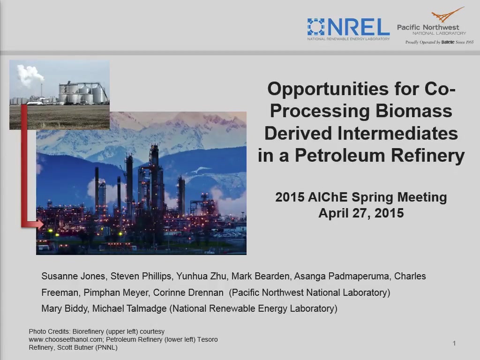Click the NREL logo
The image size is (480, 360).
tap(348, 29)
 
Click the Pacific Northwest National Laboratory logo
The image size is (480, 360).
tap(435, 26)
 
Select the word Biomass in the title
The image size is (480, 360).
tap(414, 111)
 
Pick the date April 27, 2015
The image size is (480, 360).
tap(361, 213)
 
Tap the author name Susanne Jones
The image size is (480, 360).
tap(74, 276)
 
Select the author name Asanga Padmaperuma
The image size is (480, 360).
tap(342, 276)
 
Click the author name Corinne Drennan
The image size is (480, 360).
tap(188, 292)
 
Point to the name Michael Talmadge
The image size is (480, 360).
tap(129, 308)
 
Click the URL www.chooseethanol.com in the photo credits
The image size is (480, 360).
tap(66, 339)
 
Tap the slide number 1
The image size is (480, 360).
tap(454, 343)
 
